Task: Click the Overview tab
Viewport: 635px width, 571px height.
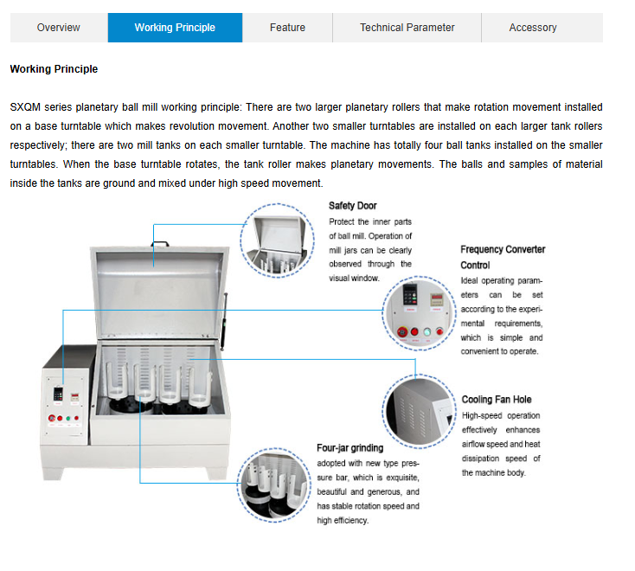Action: pyautogui.click(x=58, y=28)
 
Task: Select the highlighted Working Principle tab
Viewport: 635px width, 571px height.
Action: pyautogui.click(x=175, y=28)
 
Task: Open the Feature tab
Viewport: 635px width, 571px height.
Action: pyautogui.click(x=287, y=28)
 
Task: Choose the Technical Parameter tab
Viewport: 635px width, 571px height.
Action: pyautogui.click(x=407, y=28)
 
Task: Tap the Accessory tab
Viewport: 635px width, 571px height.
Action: pyautogui.click(x=532, y=28)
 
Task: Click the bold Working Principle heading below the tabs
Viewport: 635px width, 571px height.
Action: pyautogui.click(x=54, y=69)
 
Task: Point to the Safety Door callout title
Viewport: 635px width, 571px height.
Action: pyautogui.click(x=352, y=206)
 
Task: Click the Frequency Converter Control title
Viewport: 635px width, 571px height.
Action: pyautogui.click(x=502, y=257)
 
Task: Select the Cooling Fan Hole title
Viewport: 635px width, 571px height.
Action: pyautogui.click(x=496, y=400)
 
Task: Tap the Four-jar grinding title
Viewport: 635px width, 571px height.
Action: pyautogui.click(x=350, y=448)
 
